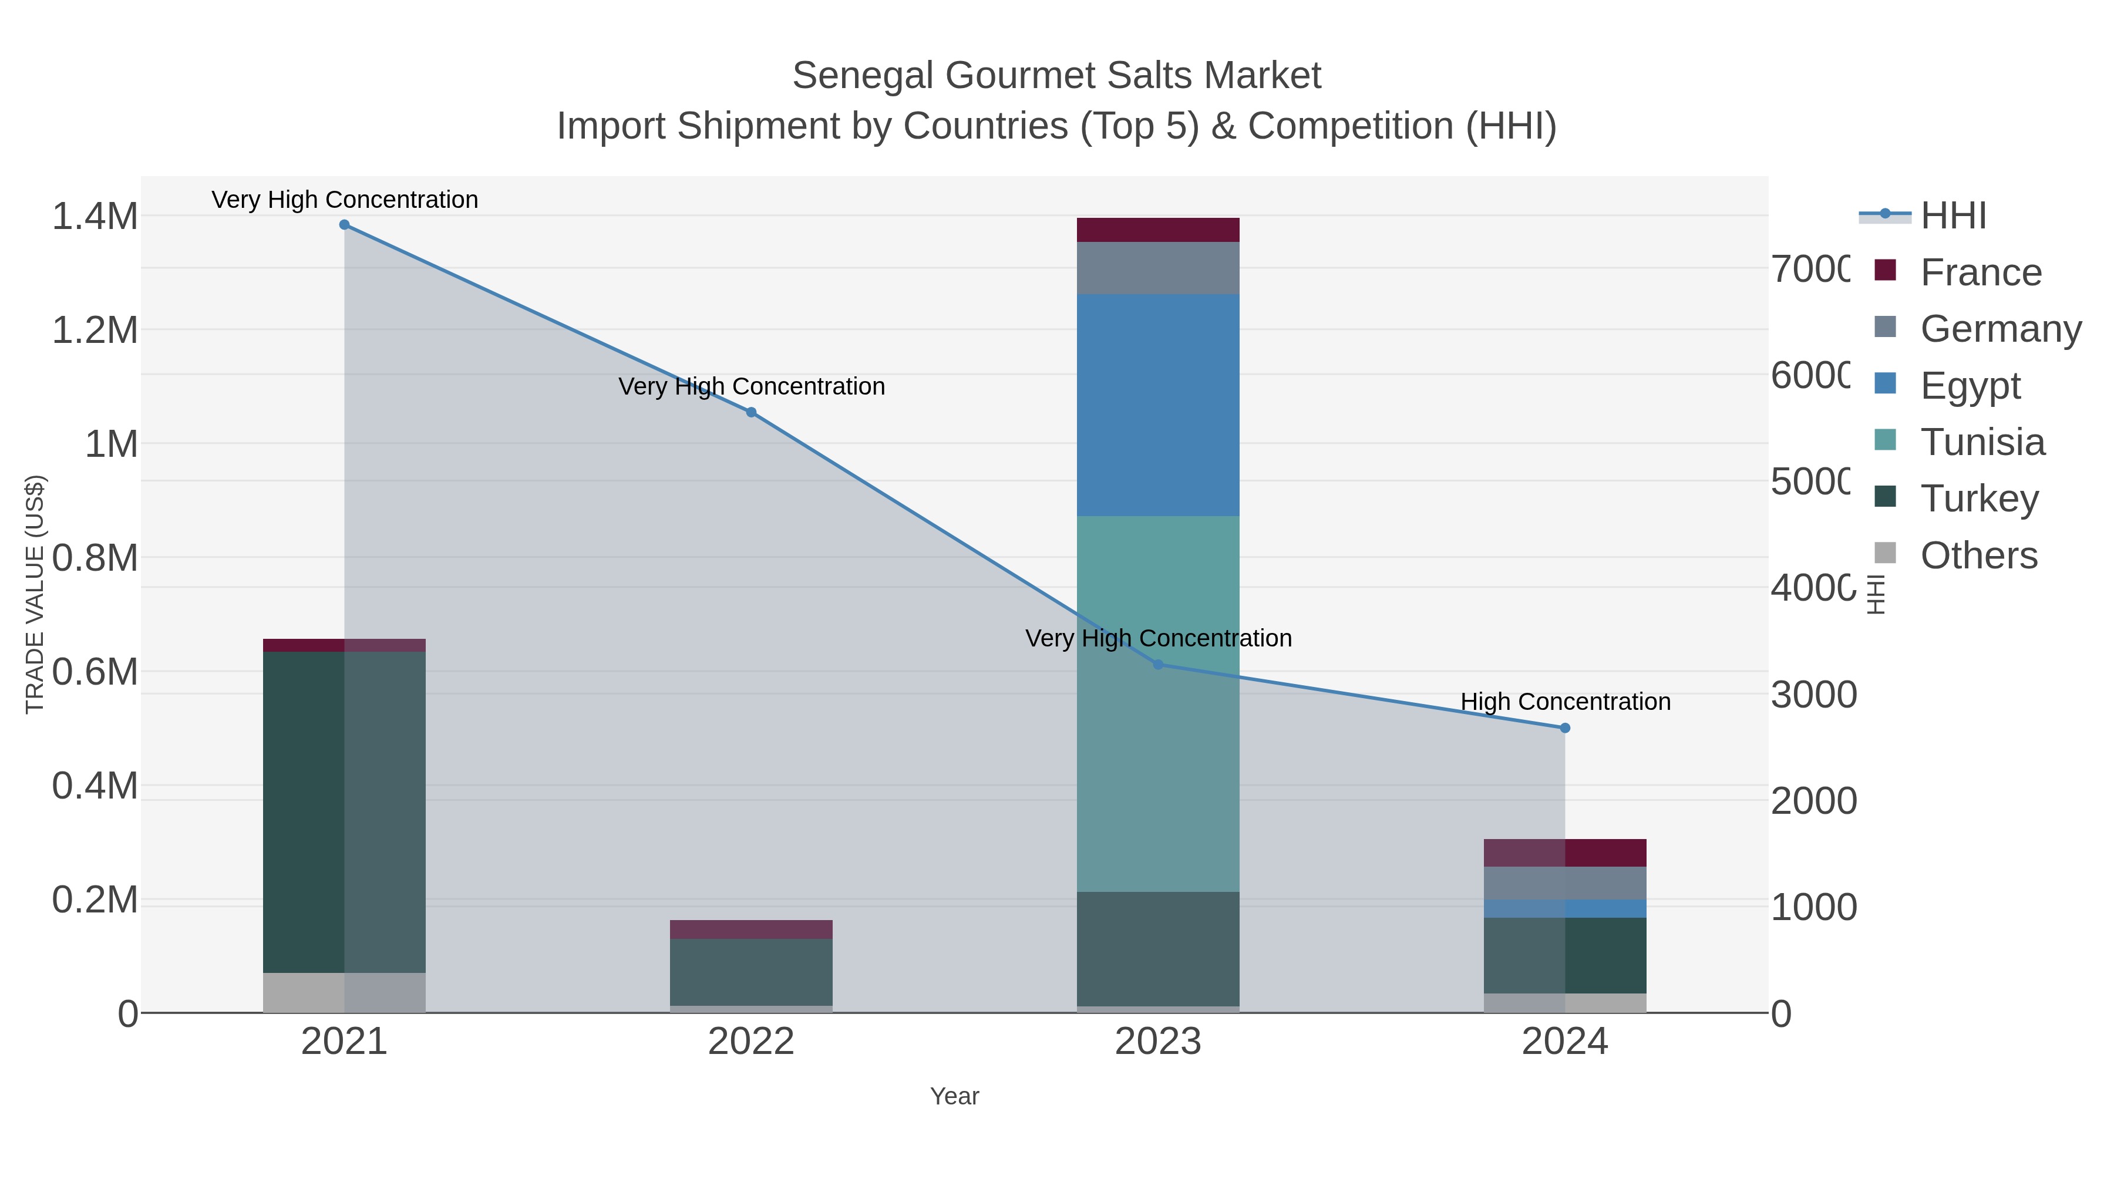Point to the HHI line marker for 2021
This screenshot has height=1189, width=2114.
click(x=344, y=225)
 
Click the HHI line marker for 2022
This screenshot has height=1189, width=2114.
click(x=751, y=412)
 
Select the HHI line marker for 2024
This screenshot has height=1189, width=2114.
click(x=1564, y=728)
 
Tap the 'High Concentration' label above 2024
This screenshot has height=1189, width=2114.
click(x=1565, y=702)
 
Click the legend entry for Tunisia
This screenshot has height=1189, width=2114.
click(x=1982, y=442)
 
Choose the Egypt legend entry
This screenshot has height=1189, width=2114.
click(x=1970, y=386)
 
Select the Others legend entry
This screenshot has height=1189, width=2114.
click(x=1978, y=555)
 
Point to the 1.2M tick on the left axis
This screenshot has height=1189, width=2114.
click(x=95, y=331)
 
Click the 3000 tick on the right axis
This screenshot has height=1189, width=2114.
click(x=1813, y=695)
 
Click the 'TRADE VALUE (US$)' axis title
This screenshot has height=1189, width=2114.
click(x=35, y=594)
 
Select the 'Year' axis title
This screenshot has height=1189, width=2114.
click(x=954, y=1096)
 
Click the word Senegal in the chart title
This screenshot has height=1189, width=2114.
click(x=861, y=76)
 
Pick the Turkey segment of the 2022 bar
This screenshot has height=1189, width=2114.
click(x=751, y=972)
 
